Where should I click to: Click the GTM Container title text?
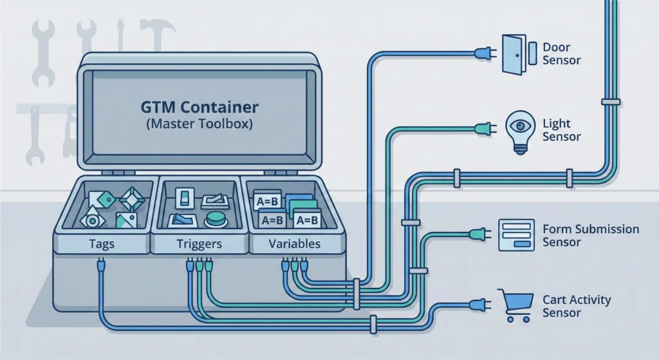(x=200, y=106)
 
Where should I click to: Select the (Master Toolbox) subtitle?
(x=200, y=124)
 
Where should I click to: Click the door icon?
(x=515, y=54)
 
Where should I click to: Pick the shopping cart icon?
(x=516, y=305)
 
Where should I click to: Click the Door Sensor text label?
(x=561, y=54)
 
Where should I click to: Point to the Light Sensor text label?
(x=561, y=130)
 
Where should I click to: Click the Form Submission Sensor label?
(x=591, y=236)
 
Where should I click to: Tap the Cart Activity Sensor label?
(x=576, y=307)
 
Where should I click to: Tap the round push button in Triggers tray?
(x=214, y=220)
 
